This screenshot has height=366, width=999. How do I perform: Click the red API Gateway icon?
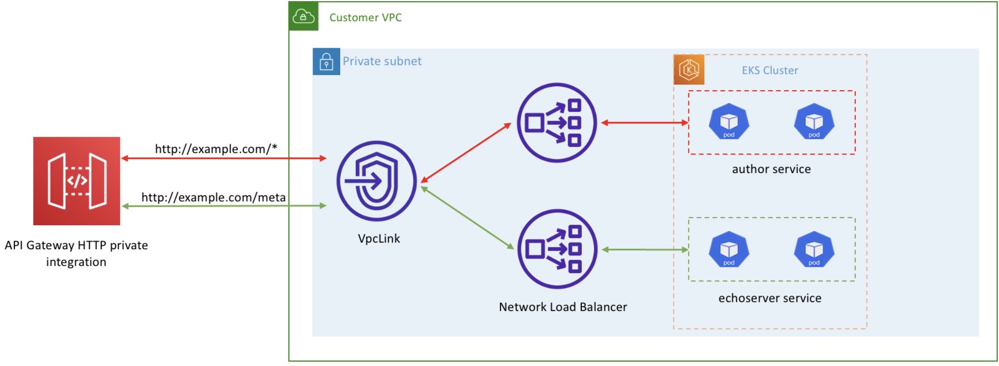(77, 181)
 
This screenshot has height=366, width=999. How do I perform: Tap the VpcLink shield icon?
(376, 181)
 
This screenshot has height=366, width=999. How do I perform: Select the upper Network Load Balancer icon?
(556, 122)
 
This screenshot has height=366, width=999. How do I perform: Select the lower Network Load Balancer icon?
(557, 249)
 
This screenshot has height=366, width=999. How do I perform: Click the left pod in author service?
(728, 121)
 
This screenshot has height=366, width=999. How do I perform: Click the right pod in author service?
(814, 121)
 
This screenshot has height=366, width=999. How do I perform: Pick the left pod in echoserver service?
(728, 249)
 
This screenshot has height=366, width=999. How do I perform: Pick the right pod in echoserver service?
(814, 249)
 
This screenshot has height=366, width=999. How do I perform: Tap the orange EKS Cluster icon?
(689, 70)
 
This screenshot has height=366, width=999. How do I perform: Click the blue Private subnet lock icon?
(326, 62)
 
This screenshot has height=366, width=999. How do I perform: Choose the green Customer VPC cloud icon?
(303, 16)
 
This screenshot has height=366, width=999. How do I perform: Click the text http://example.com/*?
(216, 149)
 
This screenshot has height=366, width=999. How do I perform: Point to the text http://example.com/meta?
(213, 197)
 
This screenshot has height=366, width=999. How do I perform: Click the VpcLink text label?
(379, 239)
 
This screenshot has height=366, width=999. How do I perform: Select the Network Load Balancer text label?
(562, 307)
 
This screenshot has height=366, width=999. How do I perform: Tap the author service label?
(771, 169)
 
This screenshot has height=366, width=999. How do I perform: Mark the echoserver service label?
(770, 298)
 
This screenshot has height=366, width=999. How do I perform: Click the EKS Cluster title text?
(770, 70)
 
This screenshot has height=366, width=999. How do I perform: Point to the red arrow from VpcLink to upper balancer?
(466, 152)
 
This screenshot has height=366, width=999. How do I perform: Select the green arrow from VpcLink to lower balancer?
(467, 217)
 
